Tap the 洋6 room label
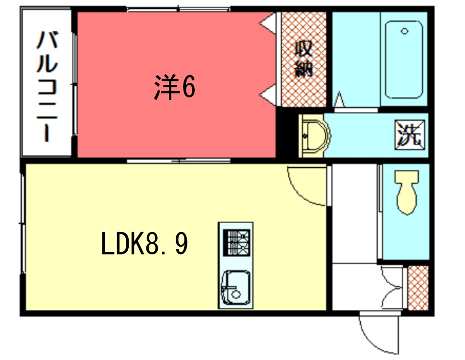[174, 88]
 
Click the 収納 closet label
[304, 58]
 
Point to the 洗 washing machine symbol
[408, 132]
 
